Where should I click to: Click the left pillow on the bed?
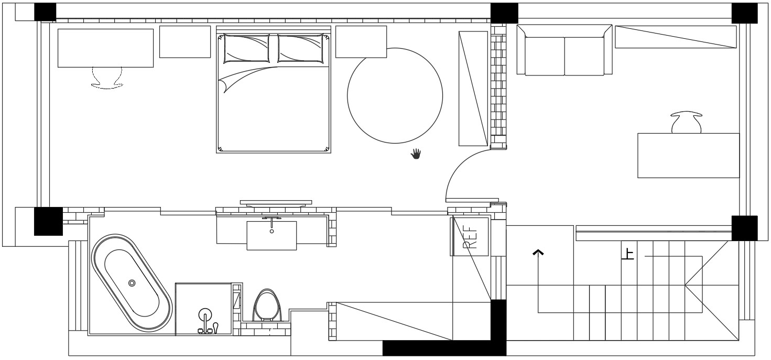pos(246,49)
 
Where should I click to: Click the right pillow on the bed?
pos(301,49)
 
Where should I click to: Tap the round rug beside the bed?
pos(395,95)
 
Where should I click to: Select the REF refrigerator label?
pos(470,237)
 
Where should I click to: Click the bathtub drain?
pos(132,283)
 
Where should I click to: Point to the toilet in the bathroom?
pos(267,306)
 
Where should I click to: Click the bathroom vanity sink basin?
pos(272,235)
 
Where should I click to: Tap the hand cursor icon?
pos(416,154)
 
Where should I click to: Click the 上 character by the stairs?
pos(628,255)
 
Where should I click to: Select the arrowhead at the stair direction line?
pos(538,253)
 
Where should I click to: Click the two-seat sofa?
pos(564,50)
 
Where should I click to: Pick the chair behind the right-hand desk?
pos(686,122)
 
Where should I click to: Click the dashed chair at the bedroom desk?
pos(107,78)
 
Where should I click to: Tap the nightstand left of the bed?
pos(185,41)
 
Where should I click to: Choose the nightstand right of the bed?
pos(361,41)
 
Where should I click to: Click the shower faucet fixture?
pos(206,321)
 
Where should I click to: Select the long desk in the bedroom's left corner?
pos(105,48)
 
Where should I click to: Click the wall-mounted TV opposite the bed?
pos(276,203)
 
